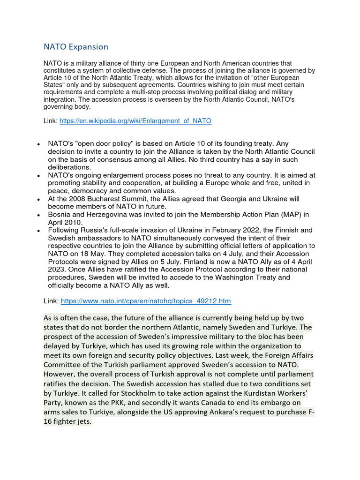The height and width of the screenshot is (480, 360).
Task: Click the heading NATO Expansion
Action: pos(76,47)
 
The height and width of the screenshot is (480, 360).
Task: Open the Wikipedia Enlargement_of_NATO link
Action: pos(136,121)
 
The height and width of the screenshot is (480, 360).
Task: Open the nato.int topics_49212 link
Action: pos(146,301)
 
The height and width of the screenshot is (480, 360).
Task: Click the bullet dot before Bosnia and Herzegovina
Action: pos(38,215)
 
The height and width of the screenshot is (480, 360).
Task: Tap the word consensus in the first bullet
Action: pos(102,159)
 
